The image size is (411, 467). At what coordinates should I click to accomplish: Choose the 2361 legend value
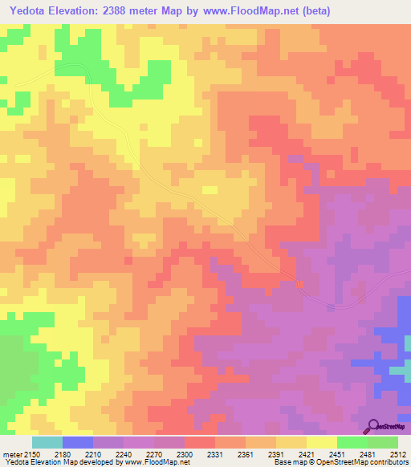pyautogui.click(x=246, y=454)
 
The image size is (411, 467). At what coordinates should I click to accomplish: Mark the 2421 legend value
pyautogui.click(x=307, y=454)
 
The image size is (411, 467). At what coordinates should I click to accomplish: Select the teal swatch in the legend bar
pyautogui.click(x=47, y=442)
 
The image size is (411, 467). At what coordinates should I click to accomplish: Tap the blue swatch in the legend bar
pyautogui.click(x=77, y=442)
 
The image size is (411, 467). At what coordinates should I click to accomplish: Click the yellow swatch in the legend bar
pyautogui.click(x=321, y=442)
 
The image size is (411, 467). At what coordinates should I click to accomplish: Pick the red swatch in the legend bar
pyautogui.click(x=199, y=442)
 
